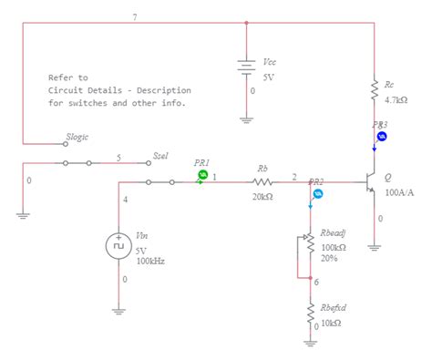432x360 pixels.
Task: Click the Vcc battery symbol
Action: point(247,67)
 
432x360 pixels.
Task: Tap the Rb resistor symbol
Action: point(263,182)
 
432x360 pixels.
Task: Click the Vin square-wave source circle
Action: point(119,245)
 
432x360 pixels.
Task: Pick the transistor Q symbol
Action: point(370,182)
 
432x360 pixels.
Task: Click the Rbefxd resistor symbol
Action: point(311,313)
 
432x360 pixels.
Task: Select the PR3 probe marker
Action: point(382,136)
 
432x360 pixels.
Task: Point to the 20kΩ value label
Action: point(262,197)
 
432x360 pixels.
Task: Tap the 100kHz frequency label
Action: point(150,261)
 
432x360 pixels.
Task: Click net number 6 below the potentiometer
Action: point(317,282)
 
